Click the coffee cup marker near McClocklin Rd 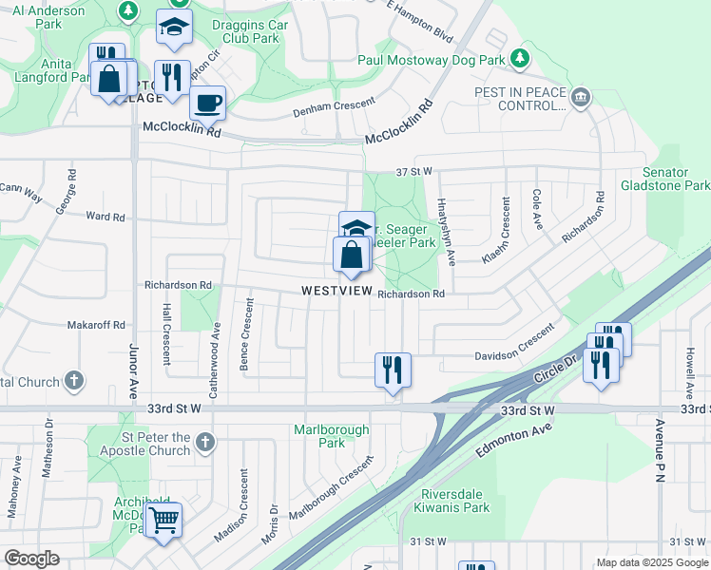(x=207, y=103)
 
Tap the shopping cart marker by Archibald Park (x=163, y=520)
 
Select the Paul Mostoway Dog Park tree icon (x=519, y=59)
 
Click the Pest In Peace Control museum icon (x=580, y=96)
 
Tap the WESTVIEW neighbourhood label (x=337, y=291)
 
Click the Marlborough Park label (x=331, y=436)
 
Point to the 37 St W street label (x=413, y=171)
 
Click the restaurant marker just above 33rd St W (x=393, y=369)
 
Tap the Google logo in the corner (x=31, y=559)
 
